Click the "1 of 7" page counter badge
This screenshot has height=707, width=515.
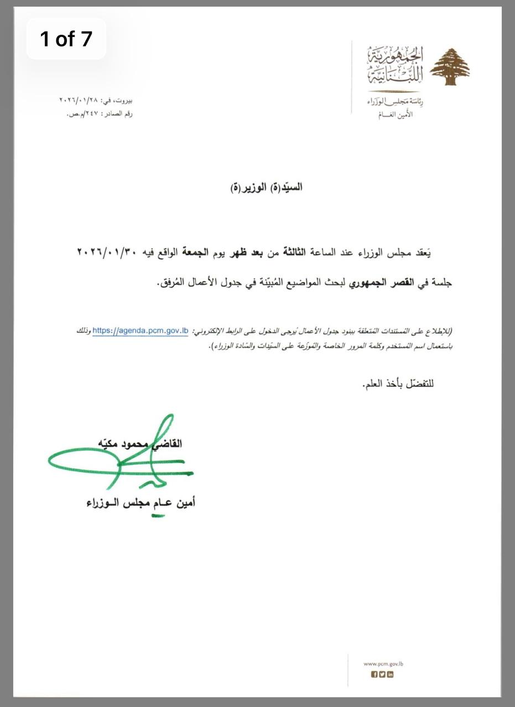tap(66, 39)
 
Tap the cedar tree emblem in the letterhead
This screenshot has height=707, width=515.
tap(450, 67)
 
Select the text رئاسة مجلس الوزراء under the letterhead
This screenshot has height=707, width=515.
tap(391, 102)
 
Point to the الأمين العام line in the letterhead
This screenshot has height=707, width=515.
tap(394, 114)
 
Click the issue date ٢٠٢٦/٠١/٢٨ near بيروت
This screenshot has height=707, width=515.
tap(78, 101)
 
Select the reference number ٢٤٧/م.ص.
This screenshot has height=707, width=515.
tap(84, 114)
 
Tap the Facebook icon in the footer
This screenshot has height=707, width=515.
tap(374, 674)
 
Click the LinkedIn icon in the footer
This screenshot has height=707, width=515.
tap(391, 674)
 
